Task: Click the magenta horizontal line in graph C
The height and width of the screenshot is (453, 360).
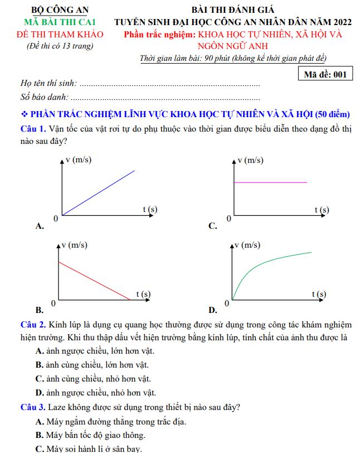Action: [x=270, y=182]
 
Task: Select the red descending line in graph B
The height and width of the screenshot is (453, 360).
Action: [x=95, y=281]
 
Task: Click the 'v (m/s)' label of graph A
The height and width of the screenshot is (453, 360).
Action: [x=79, y=160]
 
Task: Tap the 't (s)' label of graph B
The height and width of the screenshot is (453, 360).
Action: [x=143, y=293]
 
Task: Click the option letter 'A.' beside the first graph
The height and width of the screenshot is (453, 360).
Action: [x=40, y=226]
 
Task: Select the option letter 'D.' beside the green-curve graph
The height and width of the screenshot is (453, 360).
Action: [x=212, y=310]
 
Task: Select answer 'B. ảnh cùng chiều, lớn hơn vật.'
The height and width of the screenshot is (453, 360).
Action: [x=92, y=365]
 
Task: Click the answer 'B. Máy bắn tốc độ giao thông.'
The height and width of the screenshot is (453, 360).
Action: [x=90, y=435]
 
